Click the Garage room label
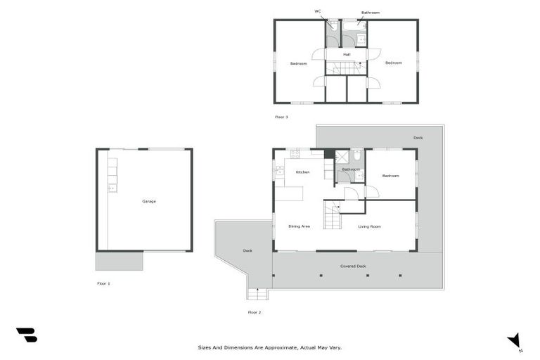tap(149, 201)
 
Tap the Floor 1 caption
tap(103, 283)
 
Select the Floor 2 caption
tap(255, 312)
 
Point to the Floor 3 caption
tap(281, 117)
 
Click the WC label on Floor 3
tap(318, 11)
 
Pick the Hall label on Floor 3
tap(347, 54)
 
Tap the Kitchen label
tap(302, 172)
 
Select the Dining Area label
tap(300, 226)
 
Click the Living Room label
tap(369, 226)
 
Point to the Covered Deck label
tap(353, 266)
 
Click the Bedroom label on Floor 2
tap(391, 176)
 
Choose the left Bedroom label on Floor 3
tap(299, 64)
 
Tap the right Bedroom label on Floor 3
tap(394, 63)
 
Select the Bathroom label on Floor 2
tap(351, 169)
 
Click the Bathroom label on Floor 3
tap(371, 13)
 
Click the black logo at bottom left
tap(26, 335)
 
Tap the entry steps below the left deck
tap(252, 294)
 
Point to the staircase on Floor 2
tap(332, 214)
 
